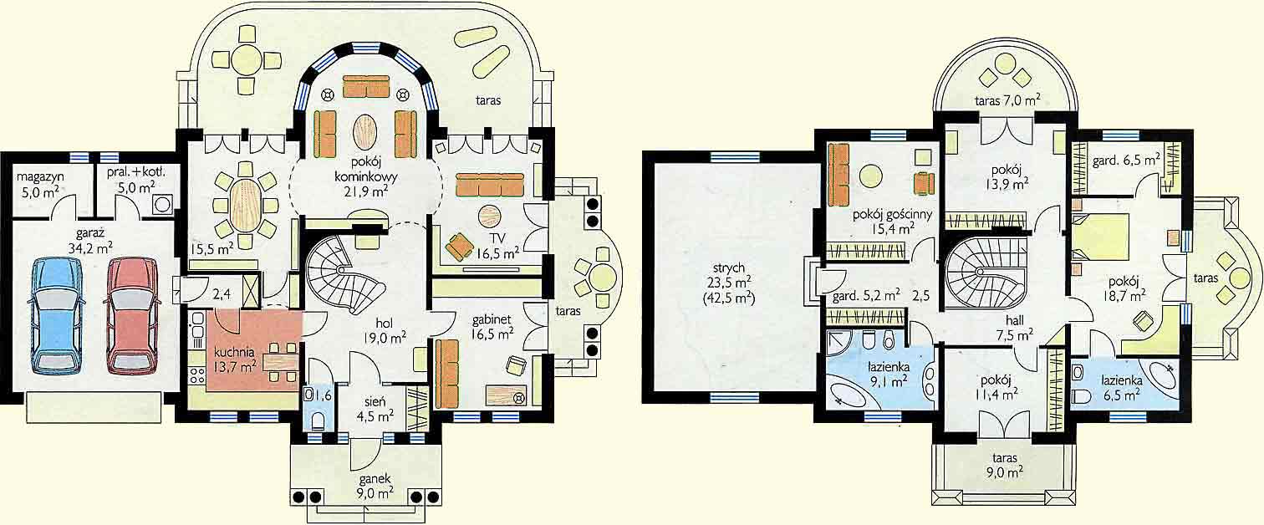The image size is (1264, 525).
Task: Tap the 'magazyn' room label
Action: tap(40, 176)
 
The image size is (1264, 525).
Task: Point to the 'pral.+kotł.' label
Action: tap(136, 171)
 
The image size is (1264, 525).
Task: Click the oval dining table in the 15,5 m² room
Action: tap(245, 205)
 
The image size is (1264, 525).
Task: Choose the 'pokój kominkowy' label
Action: tap(365, 169)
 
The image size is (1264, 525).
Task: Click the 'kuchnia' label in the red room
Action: tap(234, 352)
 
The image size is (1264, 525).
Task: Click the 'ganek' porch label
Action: tap(375, 479)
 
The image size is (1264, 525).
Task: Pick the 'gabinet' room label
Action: tap(492, 319)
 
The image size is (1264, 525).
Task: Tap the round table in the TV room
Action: tap(489, 216)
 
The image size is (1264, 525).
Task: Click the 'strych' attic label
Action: tap(729, 268)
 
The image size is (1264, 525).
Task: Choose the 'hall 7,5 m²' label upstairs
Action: tap(1015, 328)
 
